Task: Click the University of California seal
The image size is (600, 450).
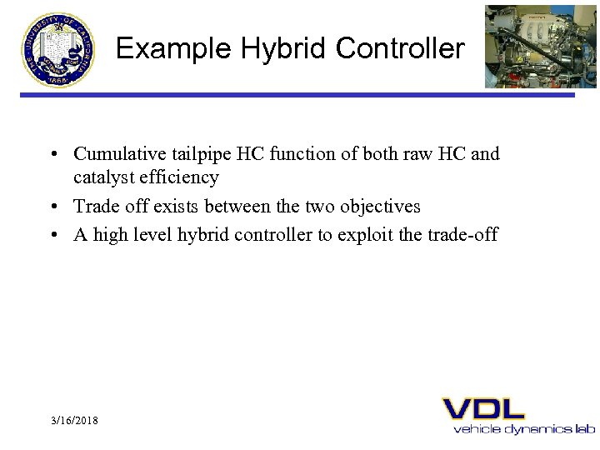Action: point(58,48)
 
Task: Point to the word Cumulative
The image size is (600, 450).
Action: point(115,154)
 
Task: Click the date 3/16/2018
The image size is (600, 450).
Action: point(73,421)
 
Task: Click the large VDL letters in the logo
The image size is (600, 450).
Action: point(483,409)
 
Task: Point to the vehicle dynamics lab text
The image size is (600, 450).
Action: point(524,429)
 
